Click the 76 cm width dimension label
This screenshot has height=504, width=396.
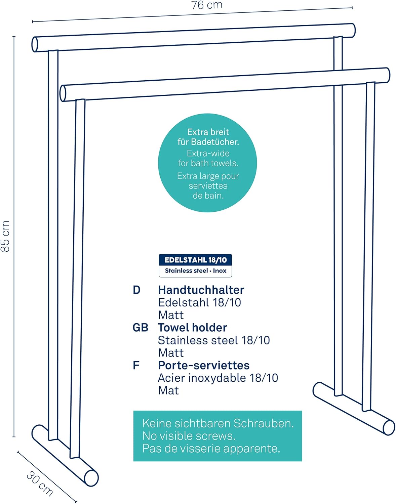point(207,5)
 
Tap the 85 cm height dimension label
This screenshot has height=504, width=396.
point(5,236)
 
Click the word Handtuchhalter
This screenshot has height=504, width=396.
point(201,290)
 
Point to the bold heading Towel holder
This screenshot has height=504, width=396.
point(192,328)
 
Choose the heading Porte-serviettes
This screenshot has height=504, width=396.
point(204,365)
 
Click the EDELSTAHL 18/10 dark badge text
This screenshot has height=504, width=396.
point(195,260)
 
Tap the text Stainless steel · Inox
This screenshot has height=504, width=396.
point(195,270)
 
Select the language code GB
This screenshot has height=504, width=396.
point(141,328)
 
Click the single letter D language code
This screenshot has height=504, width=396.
point(136,290)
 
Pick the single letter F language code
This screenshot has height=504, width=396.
point(136,365)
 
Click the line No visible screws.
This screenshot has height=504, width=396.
point(189,436)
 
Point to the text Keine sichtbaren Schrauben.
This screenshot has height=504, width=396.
point(218,423)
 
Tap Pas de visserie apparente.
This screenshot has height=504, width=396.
point(211,448)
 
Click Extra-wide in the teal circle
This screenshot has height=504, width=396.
point(208,153)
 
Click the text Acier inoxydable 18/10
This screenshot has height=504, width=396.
point(218,378)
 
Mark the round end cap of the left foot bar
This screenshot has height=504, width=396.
point(91,478)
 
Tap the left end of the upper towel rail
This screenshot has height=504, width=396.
point(35,44)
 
